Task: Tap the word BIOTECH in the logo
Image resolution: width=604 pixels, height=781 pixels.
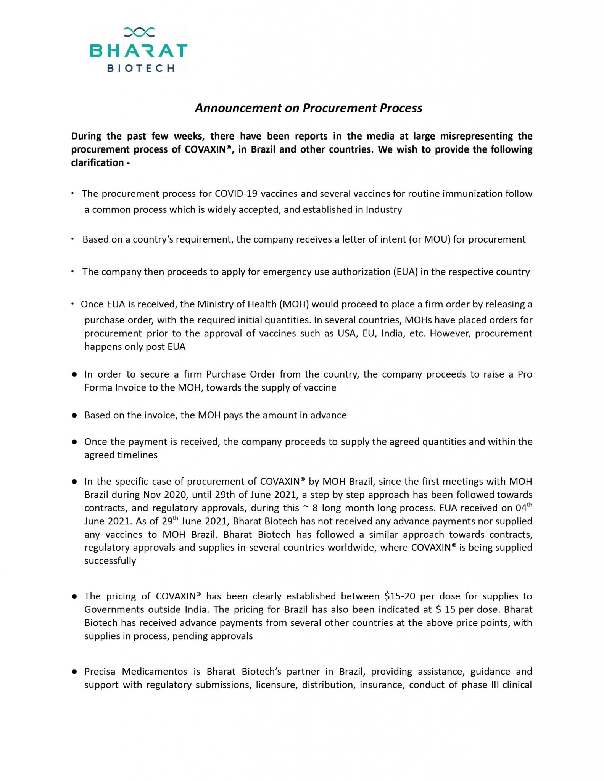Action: tap(141, 68)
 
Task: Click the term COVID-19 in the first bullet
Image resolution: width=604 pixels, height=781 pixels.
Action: tap(234, 194)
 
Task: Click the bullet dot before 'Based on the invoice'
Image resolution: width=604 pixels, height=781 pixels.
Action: tap(75, 416)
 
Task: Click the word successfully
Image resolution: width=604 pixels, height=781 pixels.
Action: tap(110, 561)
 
